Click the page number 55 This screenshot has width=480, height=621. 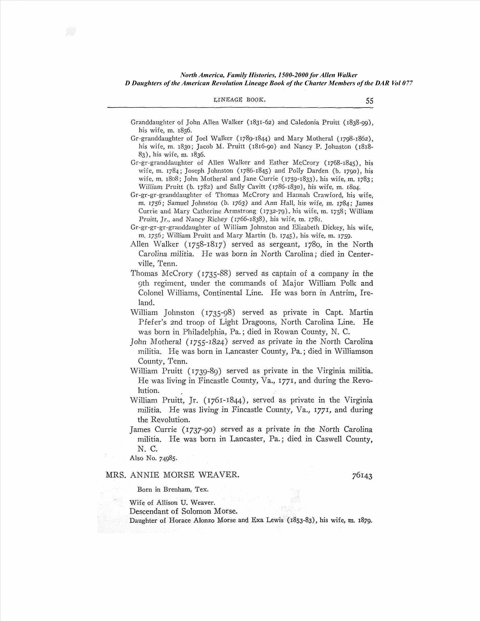point(369,101)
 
